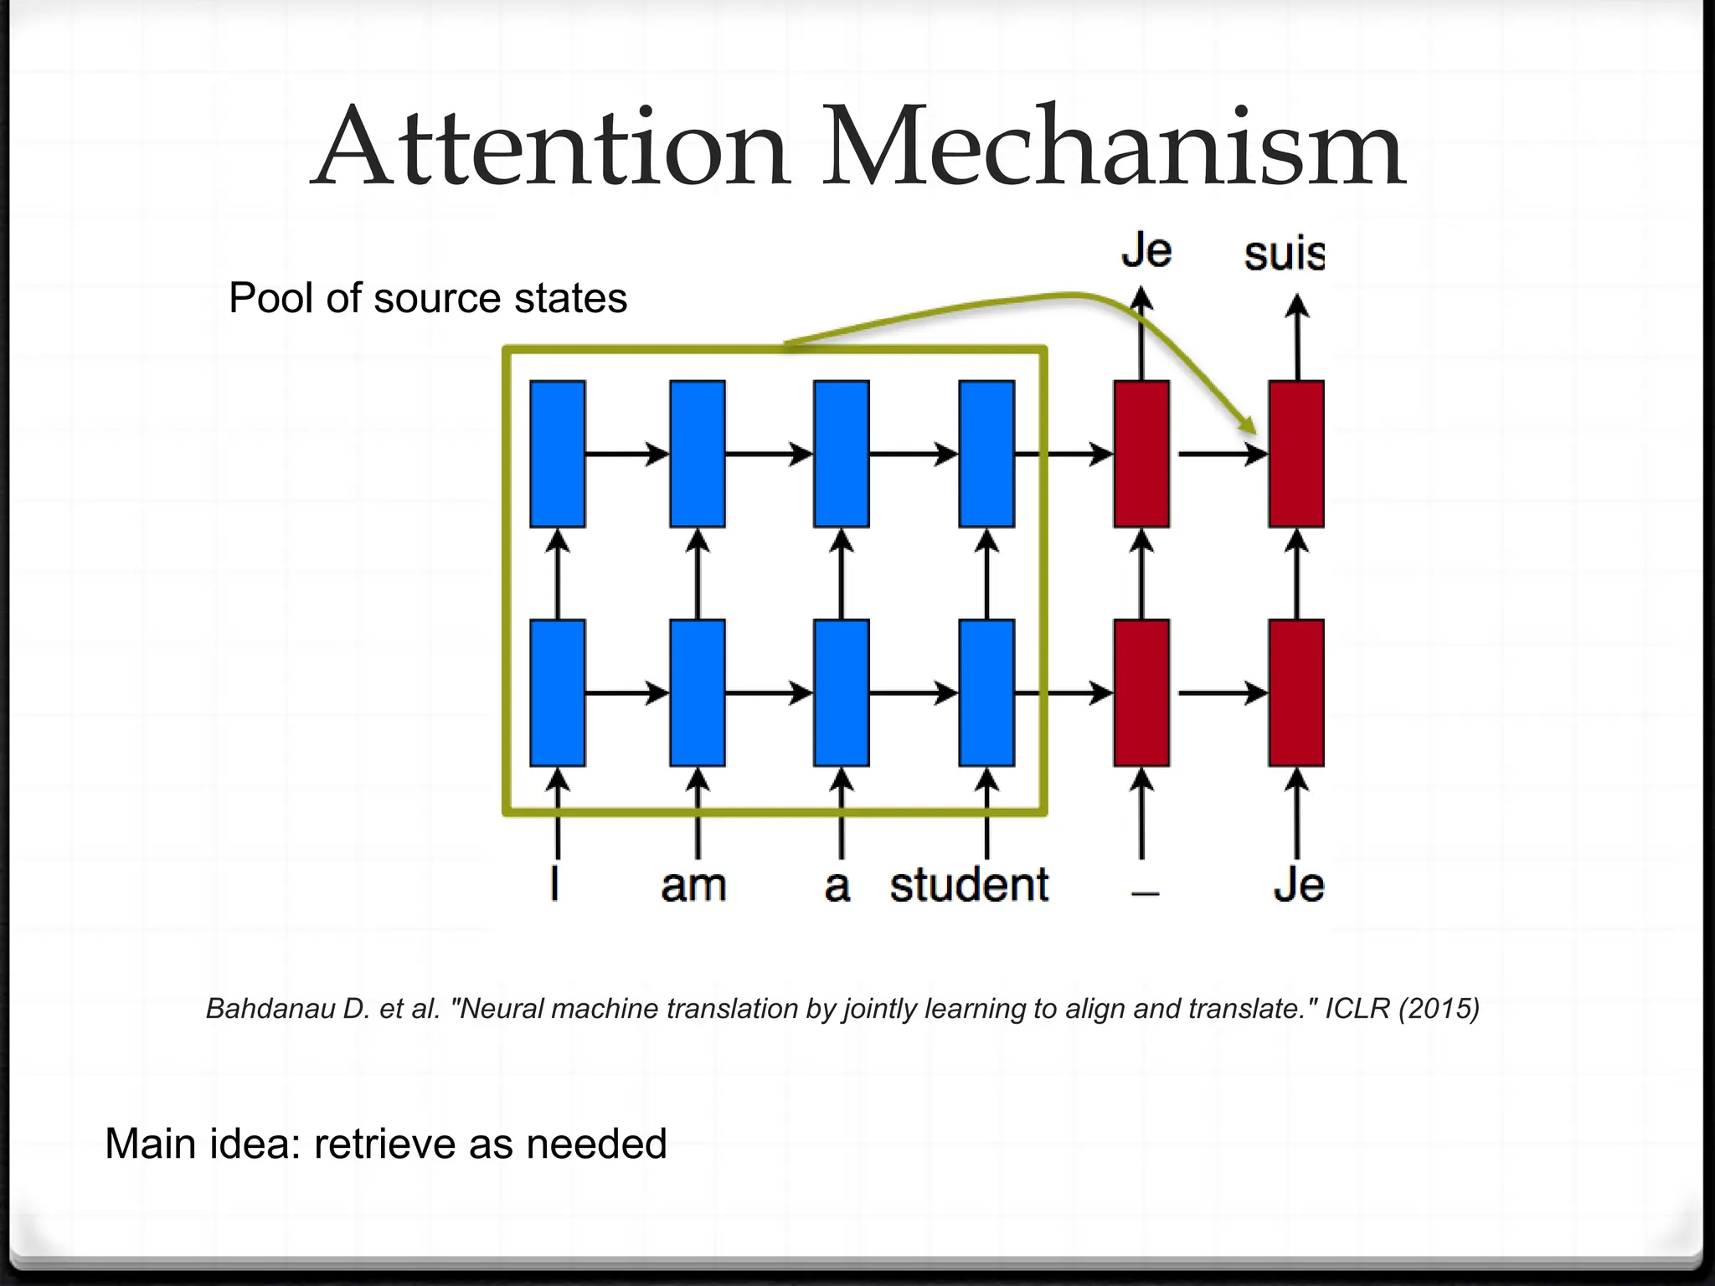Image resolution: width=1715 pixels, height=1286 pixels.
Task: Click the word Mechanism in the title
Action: [x=1113, y=148]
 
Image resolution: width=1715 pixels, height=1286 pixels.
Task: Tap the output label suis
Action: [x=1284, y=254]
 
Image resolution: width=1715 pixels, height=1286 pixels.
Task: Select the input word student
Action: [x=969, y=886]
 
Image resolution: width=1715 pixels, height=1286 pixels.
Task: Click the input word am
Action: [x=693, y=886]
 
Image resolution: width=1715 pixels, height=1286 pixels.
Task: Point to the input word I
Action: [x=554, y=884]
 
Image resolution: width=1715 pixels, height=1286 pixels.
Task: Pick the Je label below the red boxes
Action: [x=1298, y=886]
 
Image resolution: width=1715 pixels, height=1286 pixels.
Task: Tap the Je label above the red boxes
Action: [x=1146, y=250]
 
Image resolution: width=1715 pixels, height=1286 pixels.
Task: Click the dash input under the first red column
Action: [x=1145, y=893]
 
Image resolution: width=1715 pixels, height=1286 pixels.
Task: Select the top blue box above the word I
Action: [x=558, y=454]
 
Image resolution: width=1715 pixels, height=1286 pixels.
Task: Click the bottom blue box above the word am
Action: [x=698, y=692]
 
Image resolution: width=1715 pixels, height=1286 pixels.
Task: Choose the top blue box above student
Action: [x=986, y=454]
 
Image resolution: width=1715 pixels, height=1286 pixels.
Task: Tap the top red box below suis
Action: [x=1296, y=454]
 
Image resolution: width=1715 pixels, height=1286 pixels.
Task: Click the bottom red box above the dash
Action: [x=1141, y=692]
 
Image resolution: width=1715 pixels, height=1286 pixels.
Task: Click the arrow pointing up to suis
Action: [x=1297, y=335]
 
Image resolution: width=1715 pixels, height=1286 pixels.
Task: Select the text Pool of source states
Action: [x=428, y=298]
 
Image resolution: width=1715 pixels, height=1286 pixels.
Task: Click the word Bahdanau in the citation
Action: [x=270, y=1008]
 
